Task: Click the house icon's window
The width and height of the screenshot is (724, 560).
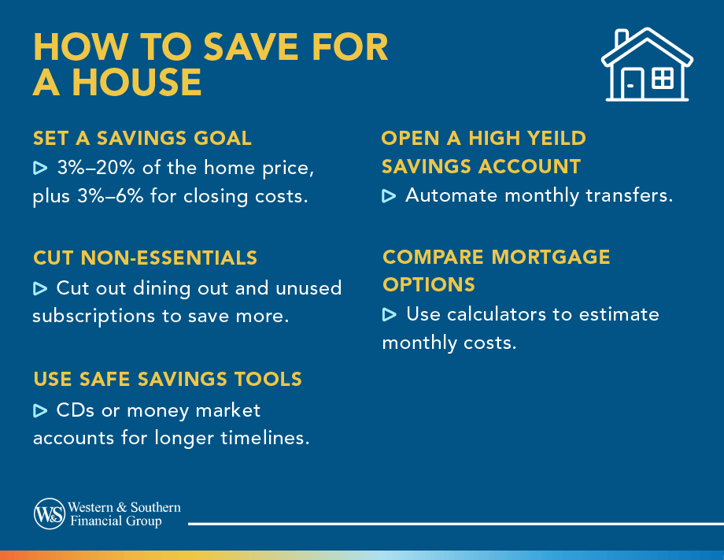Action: (x=663, y=78)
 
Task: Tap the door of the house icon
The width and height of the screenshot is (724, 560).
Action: (x=632, y=83)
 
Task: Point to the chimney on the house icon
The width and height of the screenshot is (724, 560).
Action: (x=622, y=39)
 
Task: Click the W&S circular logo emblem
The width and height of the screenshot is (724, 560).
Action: (x=49, y=514)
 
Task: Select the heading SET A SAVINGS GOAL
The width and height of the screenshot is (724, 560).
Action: (x=142, y=139)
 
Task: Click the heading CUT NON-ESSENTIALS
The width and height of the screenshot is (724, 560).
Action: (x=146, y=258)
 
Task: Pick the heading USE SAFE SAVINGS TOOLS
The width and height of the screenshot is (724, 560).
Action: (x=168, y=379)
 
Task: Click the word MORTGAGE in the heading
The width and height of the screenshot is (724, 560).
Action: (x=552, y=258)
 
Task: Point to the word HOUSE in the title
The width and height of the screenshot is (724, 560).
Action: (x=134, y=83)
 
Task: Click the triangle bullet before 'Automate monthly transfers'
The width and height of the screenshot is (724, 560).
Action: (x=389, y=195)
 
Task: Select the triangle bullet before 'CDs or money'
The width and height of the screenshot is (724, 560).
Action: (x=41, y=410)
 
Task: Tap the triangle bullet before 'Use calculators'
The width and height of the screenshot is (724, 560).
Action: (x=389, y=315)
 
